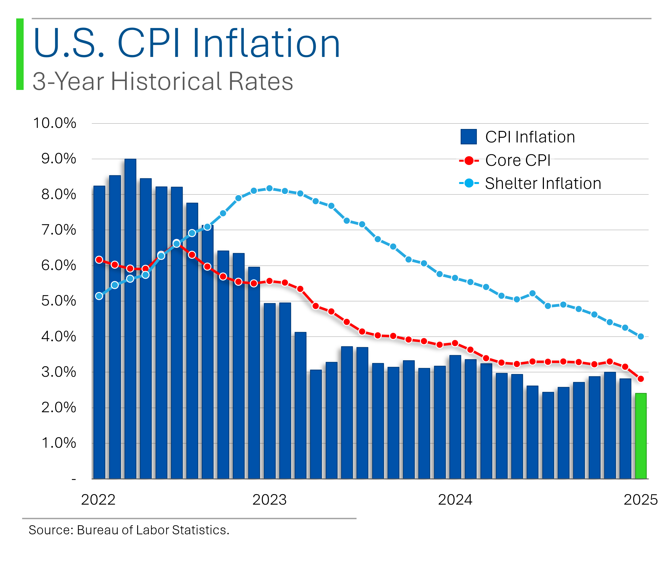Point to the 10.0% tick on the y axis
(55, 123)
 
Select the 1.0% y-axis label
(59, 443)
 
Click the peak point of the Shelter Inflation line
(269, 188)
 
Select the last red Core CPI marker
(641, 379)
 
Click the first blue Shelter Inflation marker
(99, 296)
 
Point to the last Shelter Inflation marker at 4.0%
(641, 337)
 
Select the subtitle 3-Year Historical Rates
(162, 81)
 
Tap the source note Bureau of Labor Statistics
(129, 530)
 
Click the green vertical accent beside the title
(20, 54)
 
